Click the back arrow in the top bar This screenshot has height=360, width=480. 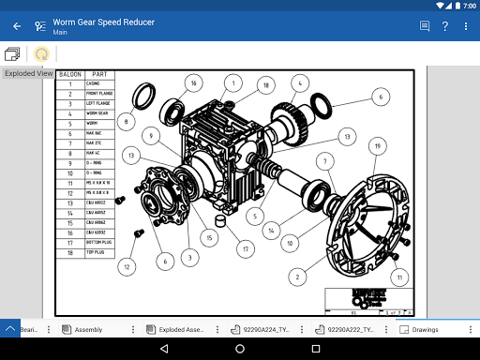(x=17, y=26)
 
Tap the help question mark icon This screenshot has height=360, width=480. (x=445, y=26)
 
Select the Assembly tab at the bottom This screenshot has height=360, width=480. (x=89, y=330)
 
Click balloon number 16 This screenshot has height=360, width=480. (x=193, y=82)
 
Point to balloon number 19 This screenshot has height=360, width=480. (x=376, y=145)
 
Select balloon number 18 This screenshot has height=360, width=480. (x=266, y=85)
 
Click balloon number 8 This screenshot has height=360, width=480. (x=124, y=121)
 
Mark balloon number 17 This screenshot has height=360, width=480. (x=245, y=249)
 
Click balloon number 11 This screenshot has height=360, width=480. (x=400, y=277)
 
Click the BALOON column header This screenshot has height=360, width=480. (x=69, y=74)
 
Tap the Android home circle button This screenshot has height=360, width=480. (x=240, y=349)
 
